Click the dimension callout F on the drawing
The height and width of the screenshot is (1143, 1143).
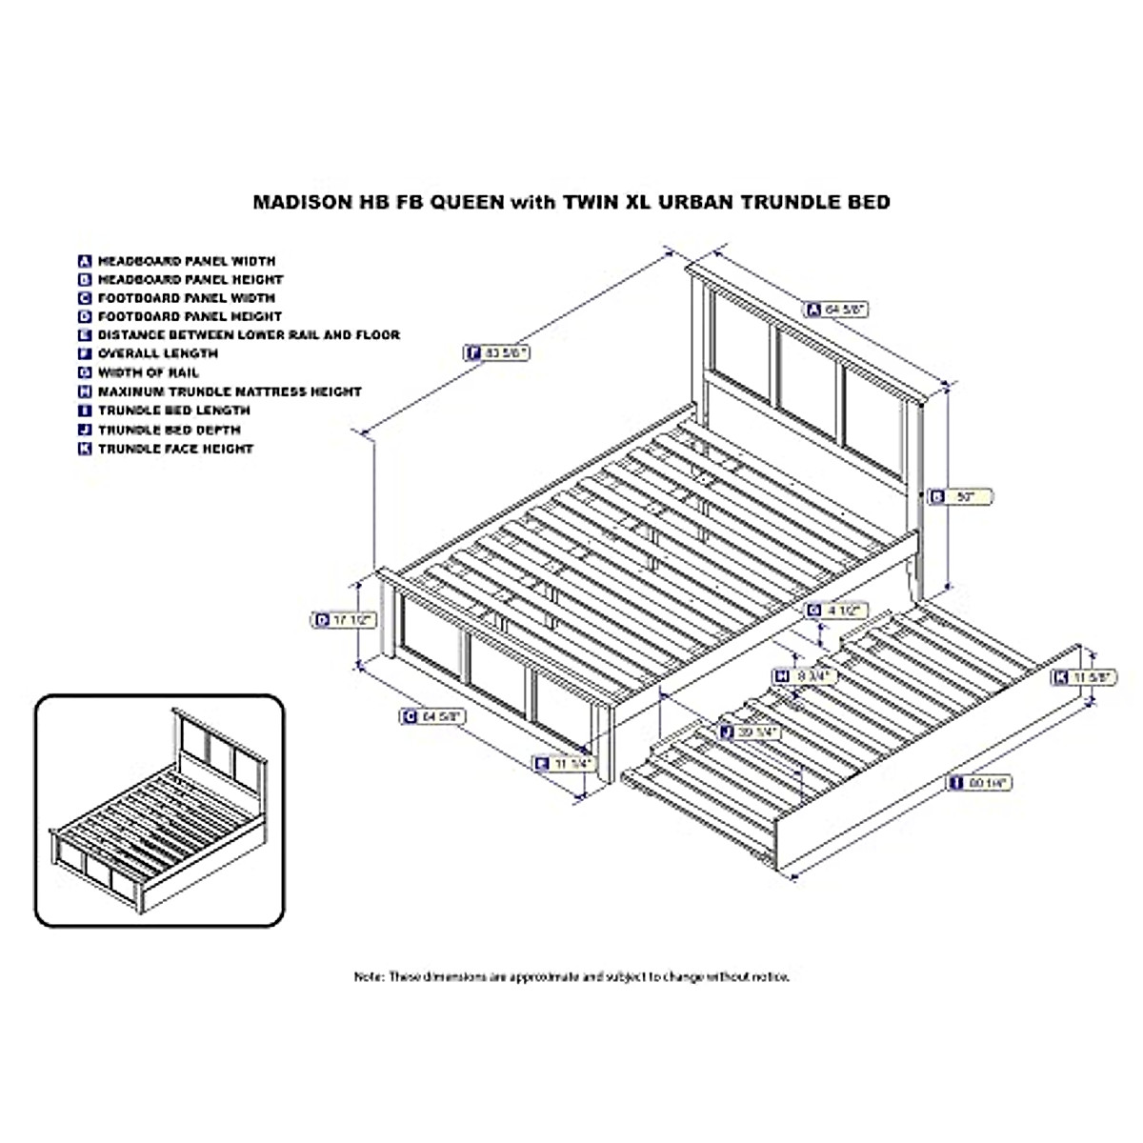pos(496,352)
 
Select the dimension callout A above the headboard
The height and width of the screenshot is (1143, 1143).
pos(836,309)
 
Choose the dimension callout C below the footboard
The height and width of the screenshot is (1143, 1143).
pos(432,717)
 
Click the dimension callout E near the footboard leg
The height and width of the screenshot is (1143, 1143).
pos(564,763)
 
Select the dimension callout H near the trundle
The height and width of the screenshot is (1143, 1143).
pos(803,675)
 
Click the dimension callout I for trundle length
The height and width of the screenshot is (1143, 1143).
pos(978,783)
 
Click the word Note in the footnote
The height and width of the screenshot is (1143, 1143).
pos(369,976)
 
